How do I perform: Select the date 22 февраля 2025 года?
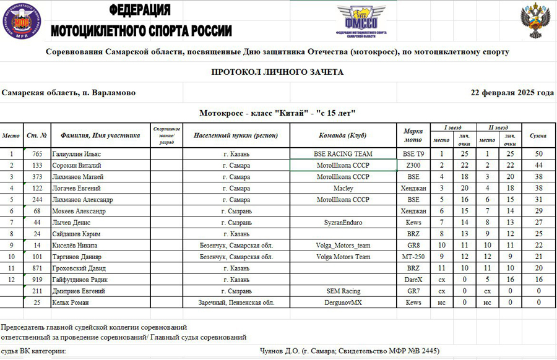pos(512,93)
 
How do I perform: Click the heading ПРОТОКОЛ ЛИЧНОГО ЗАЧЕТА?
pos(277,72)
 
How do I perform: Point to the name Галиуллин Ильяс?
pos(77,153)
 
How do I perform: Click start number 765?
pos(37,153)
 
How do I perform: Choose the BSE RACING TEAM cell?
pos(343,153)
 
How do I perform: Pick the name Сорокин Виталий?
pos(77,165)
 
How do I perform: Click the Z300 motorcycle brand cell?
pos(413,165)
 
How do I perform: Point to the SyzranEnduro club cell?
pos(343,222)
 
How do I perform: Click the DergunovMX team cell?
pos(343,302)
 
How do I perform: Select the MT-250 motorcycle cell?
pos(413,257)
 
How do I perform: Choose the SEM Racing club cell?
pos(343,291)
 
